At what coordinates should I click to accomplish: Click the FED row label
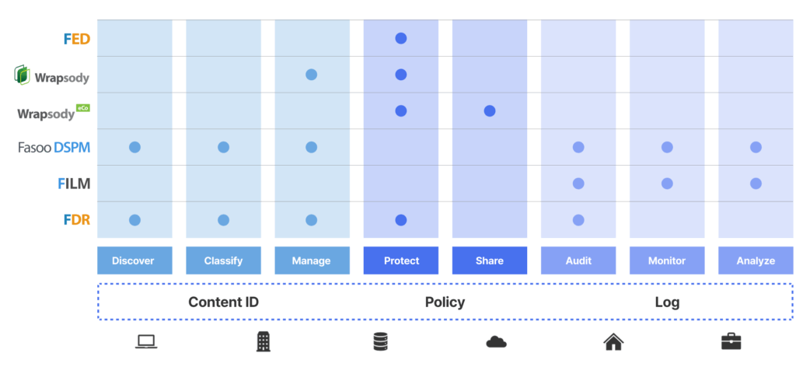pos(77,39)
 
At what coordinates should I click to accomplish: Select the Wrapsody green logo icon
pos(22,75)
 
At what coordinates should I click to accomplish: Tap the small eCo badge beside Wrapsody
pos(82,107)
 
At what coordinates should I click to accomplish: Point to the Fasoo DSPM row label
pos(54,147)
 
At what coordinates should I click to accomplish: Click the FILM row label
pos(74,183)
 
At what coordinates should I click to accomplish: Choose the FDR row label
pos(77,220)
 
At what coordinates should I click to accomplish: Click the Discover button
pos(134,260)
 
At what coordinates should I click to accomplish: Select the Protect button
pos(401,260)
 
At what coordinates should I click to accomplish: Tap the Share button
pos(490,260)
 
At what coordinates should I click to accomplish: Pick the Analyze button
pos(756,260)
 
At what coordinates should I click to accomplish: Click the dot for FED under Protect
pos(401,38)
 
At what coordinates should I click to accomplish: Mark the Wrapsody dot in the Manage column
pos(312,75)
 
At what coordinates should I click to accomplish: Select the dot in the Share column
pos(490,110)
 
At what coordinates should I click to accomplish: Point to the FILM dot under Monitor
pos(667,183)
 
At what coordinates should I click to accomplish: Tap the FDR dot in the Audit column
pos(578,220)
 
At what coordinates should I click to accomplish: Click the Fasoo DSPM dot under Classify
pos(223,147)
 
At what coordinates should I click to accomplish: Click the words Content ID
pos(223,302)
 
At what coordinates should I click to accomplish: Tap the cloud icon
pos(497,342)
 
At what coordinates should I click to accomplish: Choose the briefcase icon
pos(731,341)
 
